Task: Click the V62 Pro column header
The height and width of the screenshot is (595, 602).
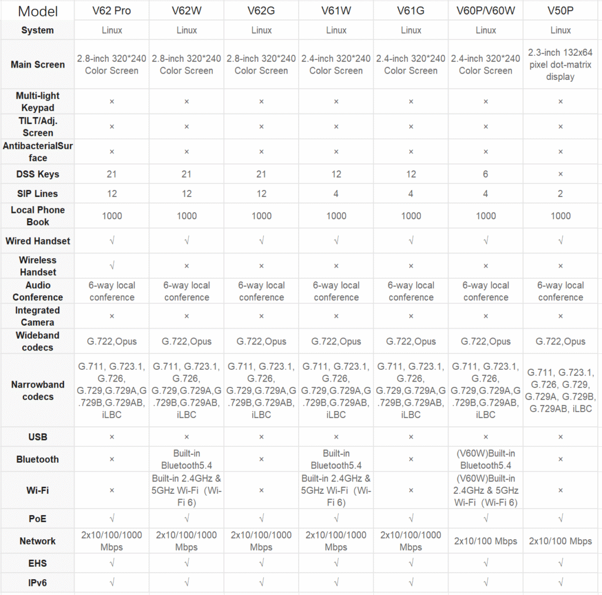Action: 112,11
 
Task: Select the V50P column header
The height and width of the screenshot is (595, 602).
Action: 560,11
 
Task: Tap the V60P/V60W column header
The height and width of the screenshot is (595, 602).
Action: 486,11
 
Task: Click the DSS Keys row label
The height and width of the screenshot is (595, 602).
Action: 38,174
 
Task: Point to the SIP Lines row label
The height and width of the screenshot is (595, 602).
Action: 38,193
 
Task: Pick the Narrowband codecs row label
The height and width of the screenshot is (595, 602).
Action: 38,390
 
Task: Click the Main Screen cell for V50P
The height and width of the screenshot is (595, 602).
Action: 560,65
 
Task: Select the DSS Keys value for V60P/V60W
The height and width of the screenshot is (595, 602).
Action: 486,174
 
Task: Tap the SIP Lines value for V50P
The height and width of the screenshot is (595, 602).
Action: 560,193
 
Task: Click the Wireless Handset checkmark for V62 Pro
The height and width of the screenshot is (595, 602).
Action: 112,266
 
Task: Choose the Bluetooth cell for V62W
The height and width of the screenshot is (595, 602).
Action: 186,459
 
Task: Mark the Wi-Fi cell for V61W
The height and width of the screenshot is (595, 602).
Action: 336,490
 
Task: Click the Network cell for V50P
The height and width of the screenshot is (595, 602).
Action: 560,541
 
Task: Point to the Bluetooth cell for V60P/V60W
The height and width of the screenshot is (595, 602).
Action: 486,459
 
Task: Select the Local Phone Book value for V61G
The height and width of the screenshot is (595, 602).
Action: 411,216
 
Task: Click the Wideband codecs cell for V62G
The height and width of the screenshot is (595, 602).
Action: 261,342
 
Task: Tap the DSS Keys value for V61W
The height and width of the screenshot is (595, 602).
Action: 336,174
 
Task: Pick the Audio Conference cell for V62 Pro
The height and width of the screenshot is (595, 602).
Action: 112,291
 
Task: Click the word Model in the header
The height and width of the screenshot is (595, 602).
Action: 38,11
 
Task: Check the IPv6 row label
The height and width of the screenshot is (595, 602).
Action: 38,583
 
